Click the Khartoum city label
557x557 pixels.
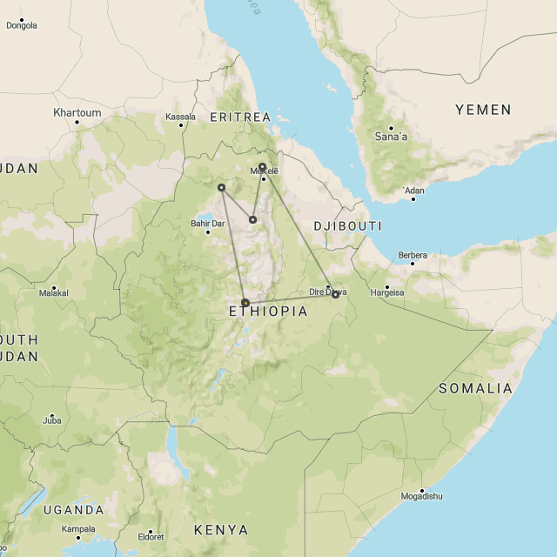(77, 113)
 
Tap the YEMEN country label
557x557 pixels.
(483, 110)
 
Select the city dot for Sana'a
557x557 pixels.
(391, 128)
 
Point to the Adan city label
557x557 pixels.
(414, 190)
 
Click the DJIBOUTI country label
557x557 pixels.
(347, 225)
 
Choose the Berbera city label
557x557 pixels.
(413, 255)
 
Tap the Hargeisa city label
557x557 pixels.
(388, 292)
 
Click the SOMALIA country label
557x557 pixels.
(475, 388)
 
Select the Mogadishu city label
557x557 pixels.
(421, 496)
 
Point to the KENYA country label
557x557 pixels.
(220, 530)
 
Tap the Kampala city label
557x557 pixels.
(78, 529)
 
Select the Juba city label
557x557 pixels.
(51, 420)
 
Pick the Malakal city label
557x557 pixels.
(53, 294)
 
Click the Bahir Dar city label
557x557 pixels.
(207, 223)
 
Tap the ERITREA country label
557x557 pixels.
(240, 117)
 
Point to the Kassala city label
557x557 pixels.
(181, 117)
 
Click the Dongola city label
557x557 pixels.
(22, 25)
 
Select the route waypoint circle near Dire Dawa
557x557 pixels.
(335, 295)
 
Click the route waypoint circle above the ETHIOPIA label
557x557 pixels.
(245, 303)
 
